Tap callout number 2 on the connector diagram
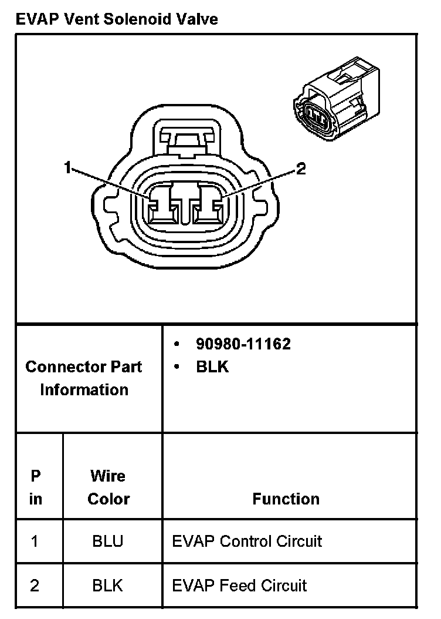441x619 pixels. click(300, 170)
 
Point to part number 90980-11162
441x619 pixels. click(243, 344)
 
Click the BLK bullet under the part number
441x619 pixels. click(212, 366)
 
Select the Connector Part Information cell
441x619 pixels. click(84, 378)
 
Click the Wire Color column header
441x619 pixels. click(108, 487)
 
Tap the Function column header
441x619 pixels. click(286, 499)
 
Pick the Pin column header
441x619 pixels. click(36, 487)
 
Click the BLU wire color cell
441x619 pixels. click(108, 540)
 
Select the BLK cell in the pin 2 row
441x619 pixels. click(108, 586)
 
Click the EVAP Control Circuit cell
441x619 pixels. click(247, 540)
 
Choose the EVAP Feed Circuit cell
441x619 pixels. click(239, 586)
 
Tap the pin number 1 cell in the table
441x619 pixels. click(35, 540)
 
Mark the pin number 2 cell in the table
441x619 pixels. click(35, 586)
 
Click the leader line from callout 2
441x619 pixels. click(258, 185)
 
